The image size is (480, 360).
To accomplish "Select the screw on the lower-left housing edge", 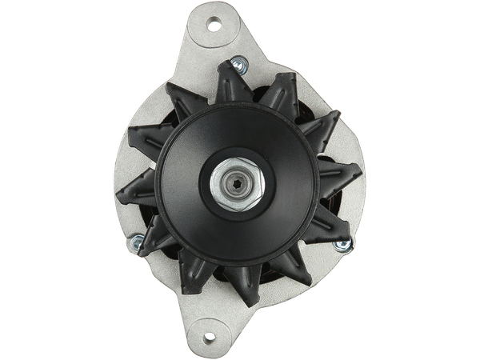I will tap(138, 239).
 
